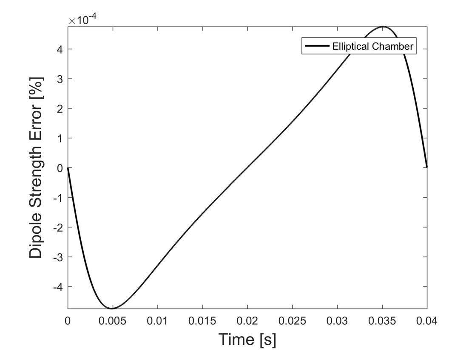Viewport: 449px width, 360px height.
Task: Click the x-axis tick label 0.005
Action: click(113, 320)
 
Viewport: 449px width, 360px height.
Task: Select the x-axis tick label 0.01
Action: click(158, 320)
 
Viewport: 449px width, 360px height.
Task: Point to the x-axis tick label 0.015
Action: click(202, 320)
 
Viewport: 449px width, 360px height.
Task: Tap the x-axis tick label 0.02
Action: click(247, 320)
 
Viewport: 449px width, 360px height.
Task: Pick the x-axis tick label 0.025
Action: click(292, 320)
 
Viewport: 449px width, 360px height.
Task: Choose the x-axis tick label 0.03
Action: click(337, 320)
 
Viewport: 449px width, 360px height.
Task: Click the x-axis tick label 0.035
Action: click(382, 320)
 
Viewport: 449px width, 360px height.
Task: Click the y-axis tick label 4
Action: click(59, 49)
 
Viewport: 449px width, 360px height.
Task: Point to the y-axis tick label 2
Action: click(59, 109)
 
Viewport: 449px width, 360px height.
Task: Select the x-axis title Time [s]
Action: click(247, 339)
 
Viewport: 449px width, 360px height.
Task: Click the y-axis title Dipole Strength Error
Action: click(37, 167)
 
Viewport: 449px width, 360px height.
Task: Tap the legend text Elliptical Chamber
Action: click(372, 47)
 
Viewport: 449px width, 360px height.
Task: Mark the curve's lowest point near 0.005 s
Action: click(113, 308)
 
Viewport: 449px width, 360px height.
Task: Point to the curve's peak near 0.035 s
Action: click(383, 27)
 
